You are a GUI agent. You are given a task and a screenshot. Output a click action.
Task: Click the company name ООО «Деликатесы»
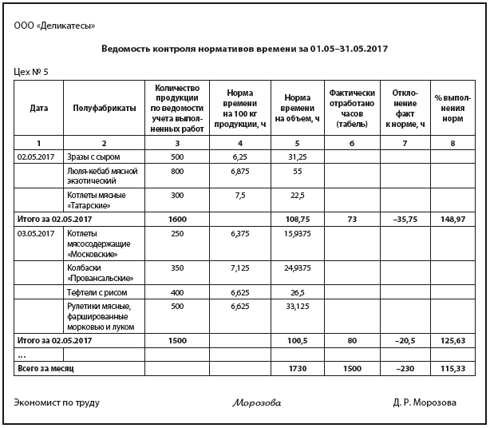[x=54, y=26]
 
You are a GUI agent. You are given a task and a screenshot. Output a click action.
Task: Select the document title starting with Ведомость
[x=245, y=49]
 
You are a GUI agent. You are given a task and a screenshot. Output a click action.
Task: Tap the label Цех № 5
[x=32, y=72]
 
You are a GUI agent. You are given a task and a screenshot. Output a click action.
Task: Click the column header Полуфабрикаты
[x=104, y=108]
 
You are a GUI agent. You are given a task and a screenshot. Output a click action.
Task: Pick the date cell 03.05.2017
[x=33, y=232]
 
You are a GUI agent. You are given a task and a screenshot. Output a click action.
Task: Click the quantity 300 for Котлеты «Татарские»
[x=176, y=195]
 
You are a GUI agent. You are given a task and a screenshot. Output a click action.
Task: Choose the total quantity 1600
[x=176, y=217]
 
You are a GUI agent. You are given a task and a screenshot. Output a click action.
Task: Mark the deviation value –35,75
[x=405, y=217]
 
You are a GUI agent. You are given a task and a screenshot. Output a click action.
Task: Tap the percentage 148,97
[x=452, y=217]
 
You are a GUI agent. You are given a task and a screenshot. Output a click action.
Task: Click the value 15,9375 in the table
[x=297, y=232]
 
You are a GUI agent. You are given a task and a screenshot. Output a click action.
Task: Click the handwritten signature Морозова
[x=257, y=402]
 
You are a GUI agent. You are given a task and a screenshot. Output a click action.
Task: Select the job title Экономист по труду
[x=57, y=402]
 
